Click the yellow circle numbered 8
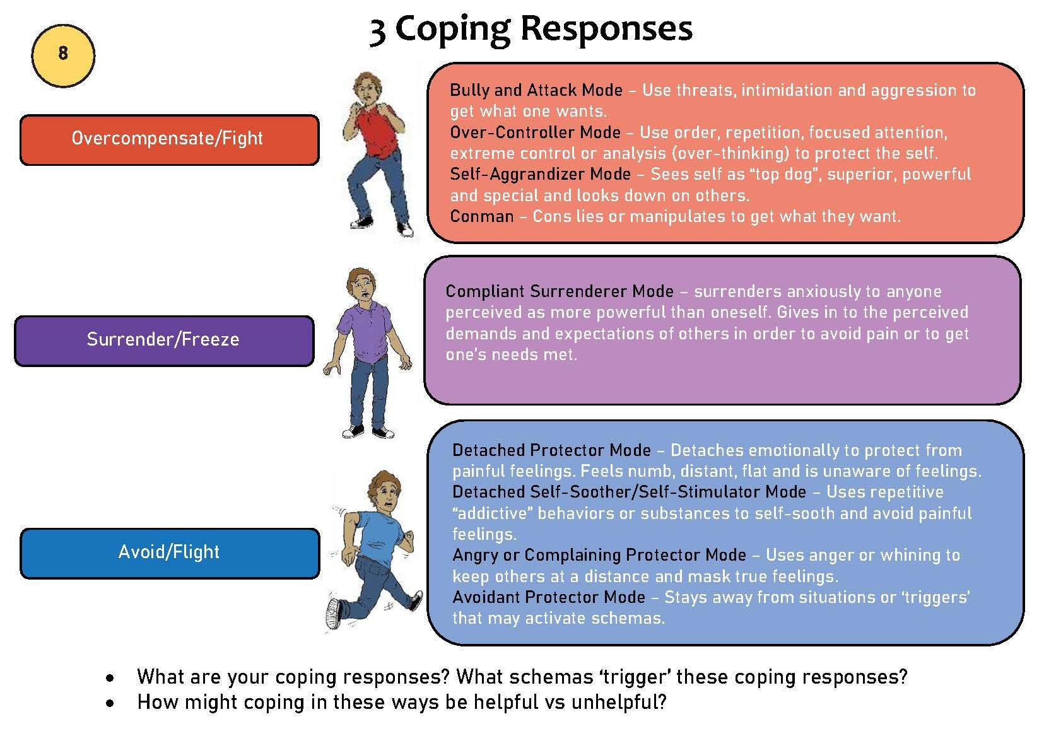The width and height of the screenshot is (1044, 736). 63,56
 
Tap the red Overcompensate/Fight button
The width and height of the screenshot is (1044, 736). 170,140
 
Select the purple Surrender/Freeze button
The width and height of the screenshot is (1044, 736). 164,341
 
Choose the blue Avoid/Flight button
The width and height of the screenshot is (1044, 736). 170,553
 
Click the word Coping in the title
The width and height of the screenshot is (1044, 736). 452,30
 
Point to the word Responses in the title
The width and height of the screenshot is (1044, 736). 606,30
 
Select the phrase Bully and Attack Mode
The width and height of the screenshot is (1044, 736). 536,90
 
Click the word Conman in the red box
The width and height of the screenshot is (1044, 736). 482,216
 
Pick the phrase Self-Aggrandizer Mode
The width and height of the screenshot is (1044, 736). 540,174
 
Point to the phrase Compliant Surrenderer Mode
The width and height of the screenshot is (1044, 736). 560,291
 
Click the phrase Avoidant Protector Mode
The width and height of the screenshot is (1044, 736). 549,597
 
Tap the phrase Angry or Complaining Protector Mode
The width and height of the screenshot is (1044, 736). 599,555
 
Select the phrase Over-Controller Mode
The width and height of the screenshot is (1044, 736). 535,132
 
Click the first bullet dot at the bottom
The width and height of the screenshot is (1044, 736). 110,678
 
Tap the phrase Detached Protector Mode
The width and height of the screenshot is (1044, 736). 551,450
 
